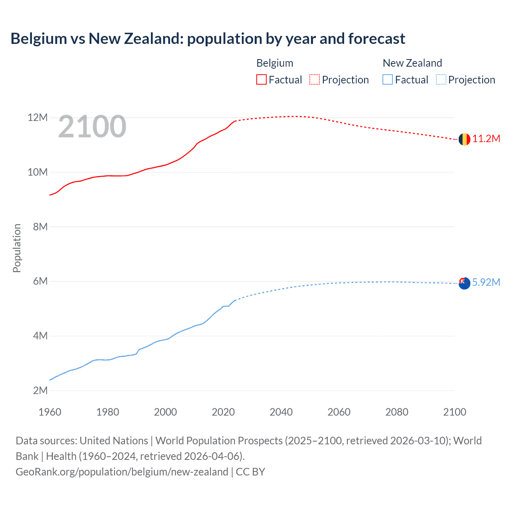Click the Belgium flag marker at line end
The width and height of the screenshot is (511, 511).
pos(464,139)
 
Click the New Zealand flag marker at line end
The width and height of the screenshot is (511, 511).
pos(464,283)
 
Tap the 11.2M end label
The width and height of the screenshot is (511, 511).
pos(486,139)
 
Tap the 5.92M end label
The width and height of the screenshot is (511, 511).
pos(486,282)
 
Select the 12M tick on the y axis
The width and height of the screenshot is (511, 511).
pos(38,117)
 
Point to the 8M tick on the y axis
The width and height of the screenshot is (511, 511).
pos(40,227)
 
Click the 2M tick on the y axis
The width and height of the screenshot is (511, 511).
pos(40,390)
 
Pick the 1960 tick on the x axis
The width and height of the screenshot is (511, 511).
pos(50,412)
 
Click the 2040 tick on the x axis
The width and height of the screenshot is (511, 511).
pos(281,412)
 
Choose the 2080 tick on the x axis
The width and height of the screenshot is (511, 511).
pos(397,412)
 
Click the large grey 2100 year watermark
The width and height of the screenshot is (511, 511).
pos(92,127)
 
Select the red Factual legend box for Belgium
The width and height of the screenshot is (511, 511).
pos(261,79)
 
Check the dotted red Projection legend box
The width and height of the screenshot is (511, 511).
pos(315,79)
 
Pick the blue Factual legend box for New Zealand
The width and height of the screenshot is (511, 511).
pos(388,79)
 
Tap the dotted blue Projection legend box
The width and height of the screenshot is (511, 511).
pos(441,79)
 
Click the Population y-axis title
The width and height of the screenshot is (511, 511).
pos(17,248)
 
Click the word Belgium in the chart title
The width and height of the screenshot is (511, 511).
pos(39,39)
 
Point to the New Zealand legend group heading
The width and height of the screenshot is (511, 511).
pos(412,63)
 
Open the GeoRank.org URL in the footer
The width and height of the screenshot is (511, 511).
pos(122,472)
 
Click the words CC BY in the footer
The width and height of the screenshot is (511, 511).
pos(250,472)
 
